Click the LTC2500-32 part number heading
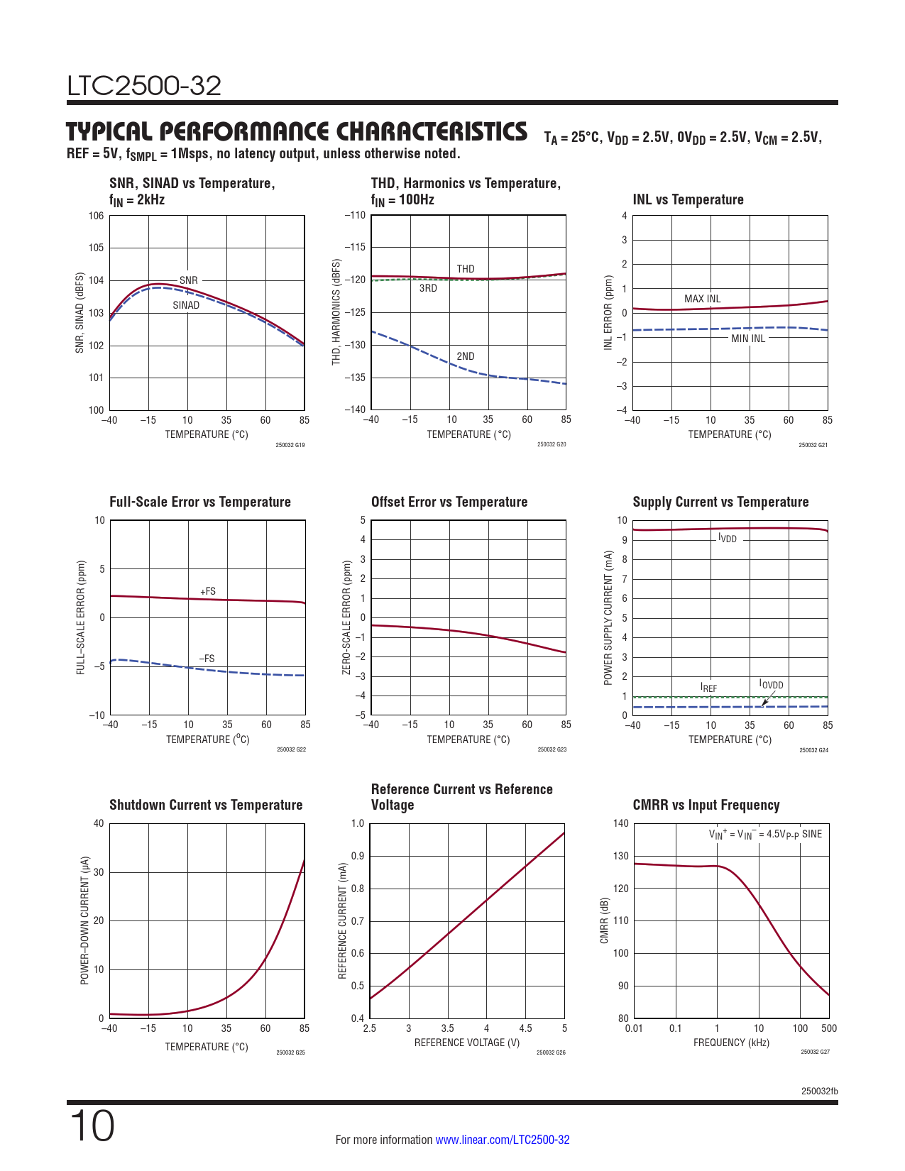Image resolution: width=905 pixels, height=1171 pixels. (x=144, y=86)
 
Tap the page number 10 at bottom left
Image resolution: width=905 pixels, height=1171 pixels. (x=92, y=1127)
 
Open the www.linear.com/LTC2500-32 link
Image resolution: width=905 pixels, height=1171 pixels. (x=502, y=1140)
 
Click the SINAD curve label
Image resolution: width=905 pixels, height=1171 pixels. (x=186, y=305)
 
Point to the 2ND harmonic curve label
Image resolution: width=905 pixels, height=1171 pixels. (x=466, y=356)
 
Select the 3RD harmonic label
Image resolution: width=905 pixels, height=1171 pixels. (x=428, y=288)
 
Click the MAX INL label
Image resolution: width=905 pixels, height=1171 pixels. (x=702, y=299)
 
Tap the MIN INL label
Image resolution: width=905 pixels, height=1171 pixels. (x=748, y=339)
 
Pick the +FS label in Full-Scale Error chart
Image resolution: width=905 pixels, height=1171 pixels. (x=207, y=591)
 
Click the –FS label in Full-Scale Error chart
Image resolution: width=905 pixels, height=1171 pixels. (x=207, y=659)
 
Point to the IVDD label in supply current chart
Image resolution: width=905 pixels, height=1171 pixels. (x=728, y=539)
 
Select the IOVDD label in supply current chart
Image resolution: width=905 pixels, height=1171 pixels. (x=771, y=684)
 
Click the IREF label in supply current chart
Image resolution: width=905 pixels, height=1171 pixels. (x=708, y=688)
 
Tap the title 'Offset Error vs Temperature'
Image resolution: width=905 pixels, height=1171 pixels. (x=449, y=502)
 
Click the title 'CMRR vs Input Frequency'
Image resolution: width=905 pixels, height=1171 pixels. (x=706, y=805)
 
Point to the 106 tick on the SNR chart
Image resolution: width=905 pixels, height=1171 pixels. (x=96, y=216)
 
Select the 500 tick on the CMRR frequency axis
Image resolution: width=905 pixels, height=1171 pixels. (x=828, y=1028)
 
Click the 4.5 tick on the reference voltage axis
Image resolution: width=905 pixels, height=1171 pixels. (x=525, y=1028)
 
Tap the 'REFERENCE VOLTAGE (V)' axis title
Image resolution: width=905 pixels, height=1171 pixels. (x=467, y=1043)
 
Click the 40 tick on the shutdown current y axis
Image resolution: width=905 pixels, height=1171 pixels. (x=98, y=823)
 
